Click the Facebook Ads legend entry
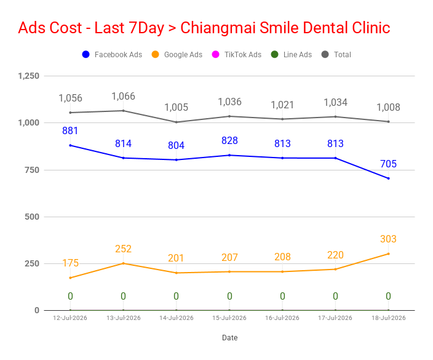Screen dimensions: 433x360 (x=112, y=54)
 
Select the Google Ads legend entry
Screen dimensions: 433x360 (x=177, y=54)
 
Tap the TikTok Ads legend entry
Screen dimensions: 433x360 (x=237, y=54)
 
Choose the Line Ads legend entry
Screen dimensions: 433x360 (x=292, y=54)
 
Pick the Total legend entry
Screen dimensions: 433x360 (x=336, y=54)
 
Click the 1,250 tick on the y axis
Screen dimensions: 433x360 (x=29, y=76)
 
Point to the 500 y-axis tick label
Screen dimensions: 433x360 (x=32, y=217)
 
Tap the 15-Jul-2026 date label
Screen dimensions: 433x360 (x=229, y=318)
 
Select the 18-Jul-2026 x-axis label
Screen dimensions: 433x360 (x=389, y=318)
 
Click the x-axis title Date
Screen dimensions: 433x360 (x=230, y=338)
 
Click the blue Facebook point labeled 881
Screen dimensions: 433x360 (x=70, y=145)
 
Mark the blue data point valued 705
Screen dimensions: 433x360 (x=389, y=178)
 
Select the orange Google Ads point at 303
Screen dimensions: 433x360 (x=389, y=254)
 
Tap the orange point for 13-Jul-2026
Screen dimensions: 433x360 (x=124, y=263)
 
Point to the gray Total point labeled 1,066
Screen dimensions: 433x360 (x=124, y=111)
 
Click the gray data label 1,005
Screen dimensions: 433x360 (x=176, y=107)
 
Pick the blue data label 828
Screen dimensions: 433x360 (x=229, y=141)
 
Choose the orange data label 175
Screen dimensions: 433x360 (x=70, y=263)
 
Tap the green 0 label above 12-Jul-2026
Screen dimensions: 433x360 (x=70, y=296)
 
